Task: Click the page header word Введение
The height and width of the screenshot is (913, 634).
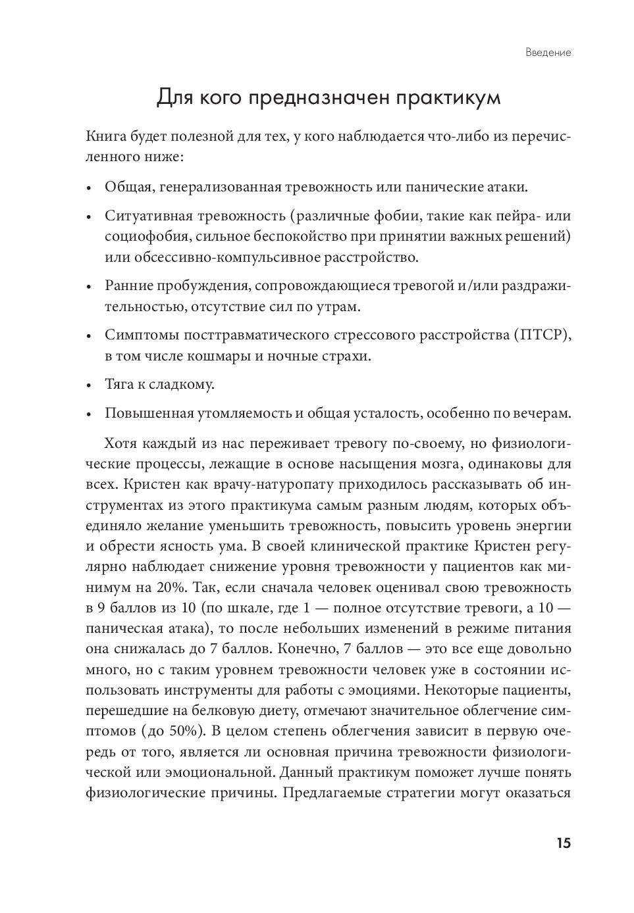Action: coord(548,53)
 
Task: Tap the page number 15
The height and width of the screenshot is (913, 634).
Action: coord(563,843)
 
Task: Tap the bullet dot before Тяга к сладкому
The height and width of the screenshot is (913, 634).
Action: coord(90,385)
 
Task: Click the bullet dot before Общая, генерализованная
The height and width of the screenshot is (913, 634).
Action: coord(90,188)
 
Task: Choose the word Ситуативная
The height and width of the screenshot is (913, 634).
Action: coord(148,216)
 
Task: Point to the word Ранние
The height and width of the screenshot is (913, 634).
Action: coord(128,286)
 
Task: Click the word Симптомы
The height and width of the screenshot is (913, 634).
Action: coord(137,335)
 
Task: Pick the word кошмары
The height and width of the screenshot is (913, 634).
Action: coord(223,357)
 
